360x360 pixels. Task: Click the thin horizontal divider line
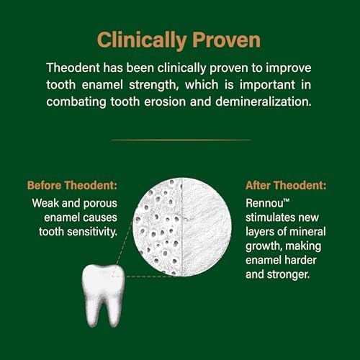pyautogui.click(x=180, y=140)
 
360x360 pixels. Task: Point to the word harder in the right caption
pyautogui.click(x=295, y=262)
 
